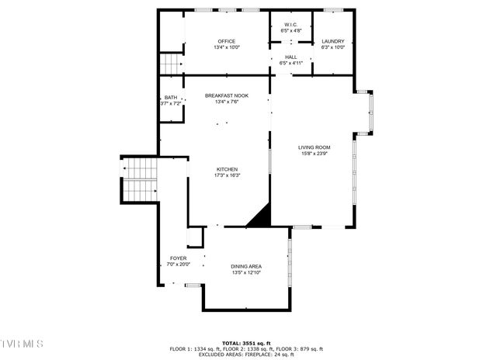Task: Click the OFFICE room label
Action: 227,41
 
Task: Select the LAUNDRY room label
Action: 332,41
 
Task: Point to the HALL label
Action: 290,57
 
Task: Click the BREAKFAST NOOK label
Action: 227,95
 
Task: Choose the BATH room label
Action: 170,97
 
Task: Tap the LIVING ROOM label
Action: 315,147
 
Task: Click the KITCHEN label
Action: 227,169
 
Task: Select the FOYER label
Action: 178,258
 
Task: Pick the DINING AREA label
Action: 245,267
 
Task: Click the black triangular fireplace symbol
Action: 260,216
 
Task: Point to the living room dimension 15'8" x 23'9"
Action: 315,153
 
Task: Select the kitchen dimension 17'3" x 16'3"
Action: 227,175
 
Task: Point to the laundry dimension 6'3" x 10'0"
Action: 332,47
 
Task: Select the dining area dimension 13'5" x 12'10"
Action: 245,273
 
